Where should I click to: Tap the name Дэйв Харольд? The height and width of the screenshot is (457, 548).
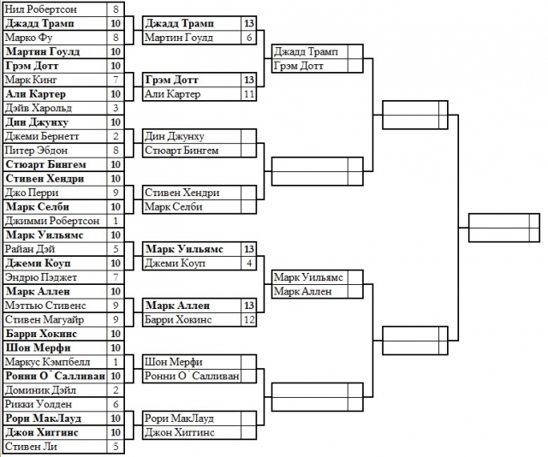click(39, 108)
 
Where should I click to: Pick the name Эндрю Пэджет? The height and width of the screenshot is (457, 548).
click(39, 276)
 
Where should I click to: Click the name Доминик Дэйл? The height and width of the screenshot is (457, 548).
click(39, 389)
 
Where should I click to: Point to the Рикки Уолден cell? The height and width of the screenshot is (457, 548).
click(38, 403)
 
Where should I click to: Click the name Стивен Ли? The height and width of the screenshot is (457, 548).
click(30, 445)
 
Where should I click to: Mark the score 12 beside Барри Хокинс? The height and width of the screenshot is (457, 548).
click(248, 319)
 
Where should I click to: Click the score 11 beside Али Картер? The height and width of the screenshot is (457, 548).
click(248, 93)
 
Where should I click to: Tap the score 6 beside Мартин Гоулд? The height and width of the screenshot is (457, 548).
click(248, 38)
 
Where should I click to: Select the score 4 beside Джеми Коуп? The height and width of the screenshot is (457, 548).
click(248, 263)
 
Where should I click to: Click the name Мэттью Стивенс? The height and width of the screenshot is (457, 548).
click(43, 305)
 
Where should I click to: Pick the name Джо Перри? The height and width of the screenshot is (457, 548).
click(32, 193)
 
